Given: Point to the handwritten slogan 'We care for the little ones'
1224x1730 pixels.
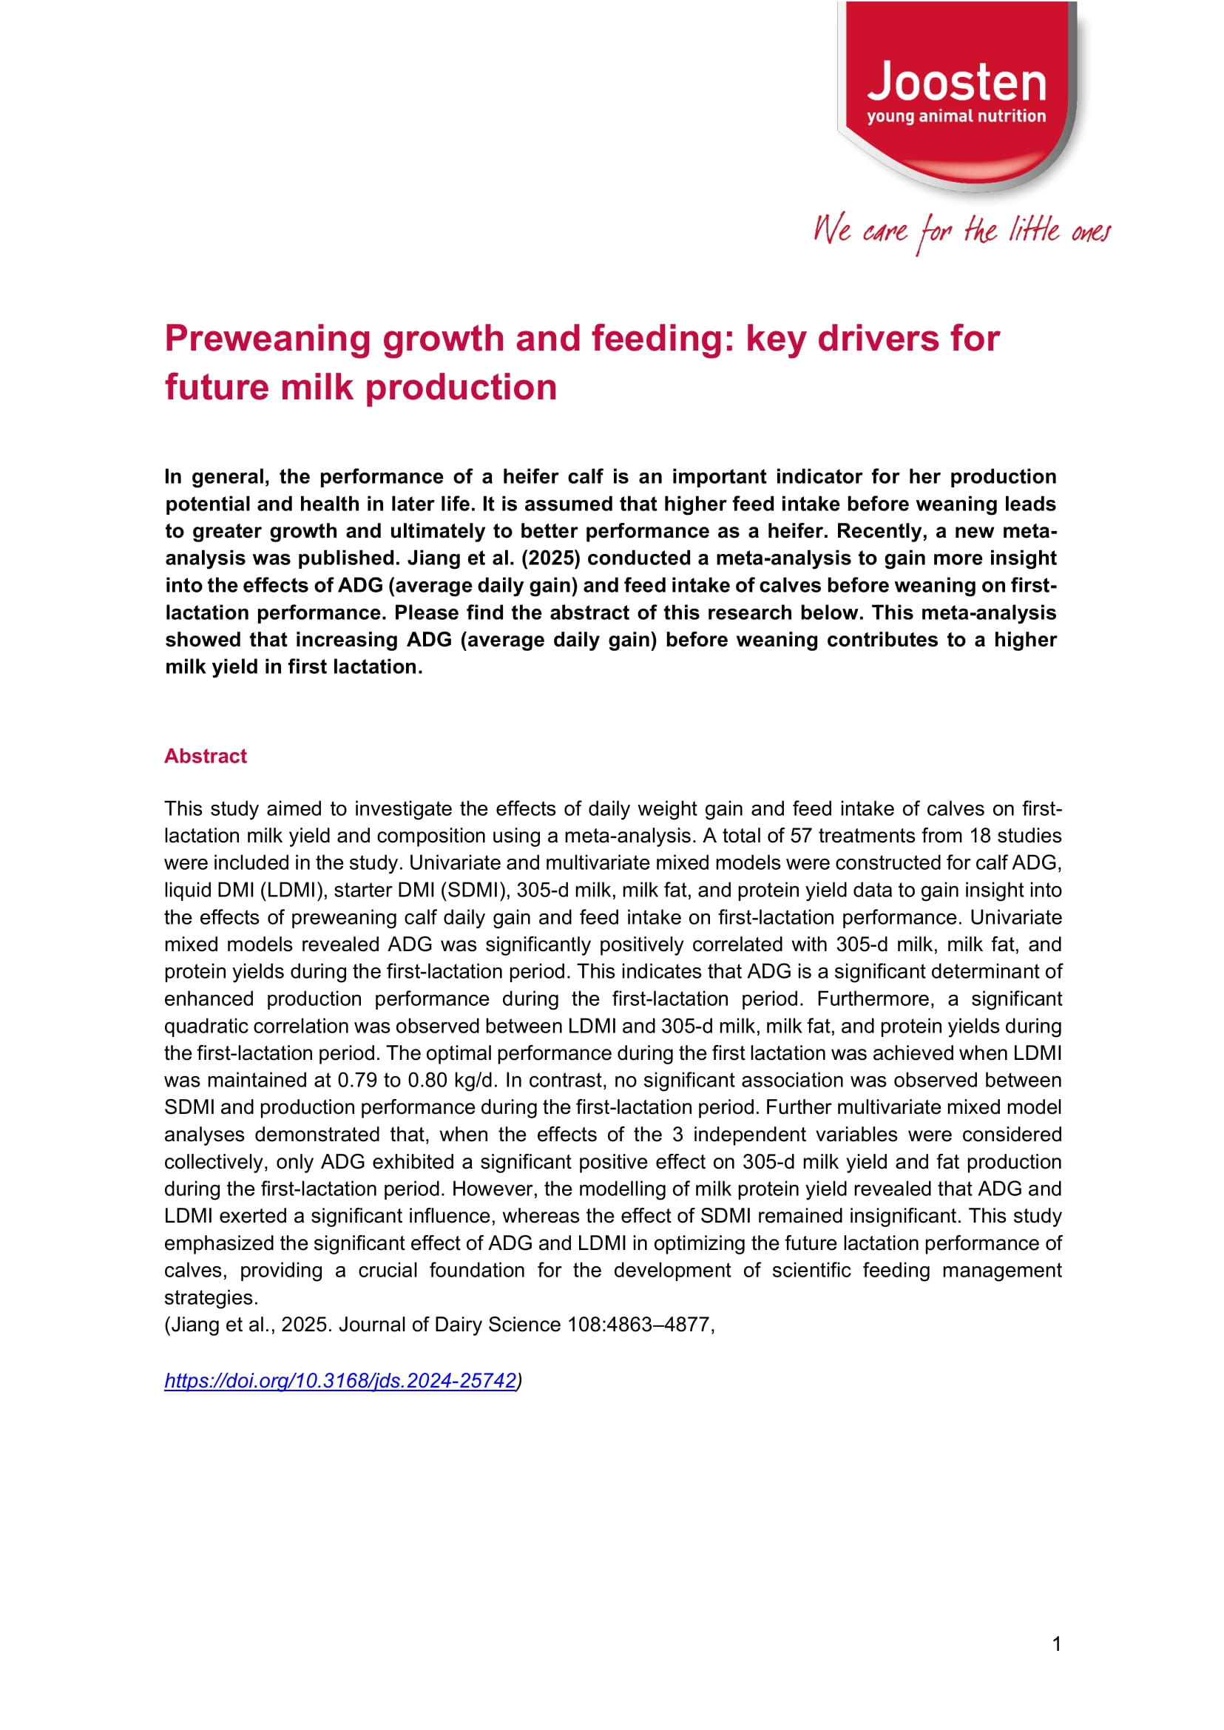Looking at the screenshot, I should click(x=961, y=231).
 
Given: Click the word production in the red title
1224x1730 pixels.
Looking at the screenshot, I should click(x=461, y=388).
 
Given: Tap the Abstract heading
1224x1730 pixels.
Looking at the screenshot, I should click(x=205, y=756).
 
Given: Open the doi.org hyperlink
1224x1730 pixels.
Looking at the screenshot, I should click(x=340, y=1380).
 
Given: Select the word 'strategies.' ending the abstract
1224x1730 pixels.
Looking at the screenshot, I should click(x=211, y=1297).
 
